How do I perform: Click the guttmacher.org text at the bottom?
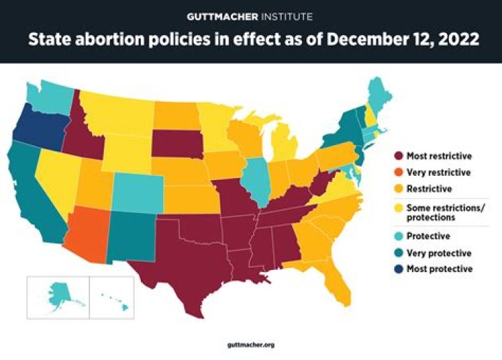(x=250, y=345)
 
